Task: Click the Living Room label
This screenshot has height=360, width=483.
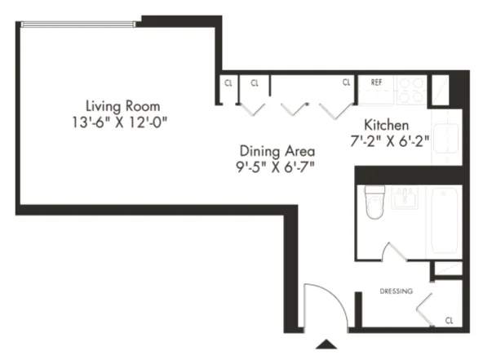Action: pyautogui.click(x=122, y=106)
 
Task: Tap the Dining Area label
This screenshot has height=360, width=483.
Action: pyautogui.click(x=277, y=151)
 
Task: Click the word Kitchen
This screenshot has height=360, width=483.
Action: pyautogui.click(x=385, y=126)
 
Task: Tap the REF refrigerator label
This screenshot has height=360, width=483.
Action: pyautogui.click(x=376, y=82)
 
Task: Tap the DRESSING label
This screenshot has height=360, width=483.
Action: pyautogui.click(x=397, y=291)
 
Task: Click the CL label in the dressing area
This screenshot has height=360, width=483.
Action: pyautogui.click(x=450, y=320)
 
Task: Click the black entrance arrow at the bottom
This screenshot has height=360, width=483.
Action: pyautogui.click(x=326, y=344)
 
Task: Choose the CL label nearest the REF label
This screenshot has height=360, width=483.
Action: pyautogui.click(x=346, y=82)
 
